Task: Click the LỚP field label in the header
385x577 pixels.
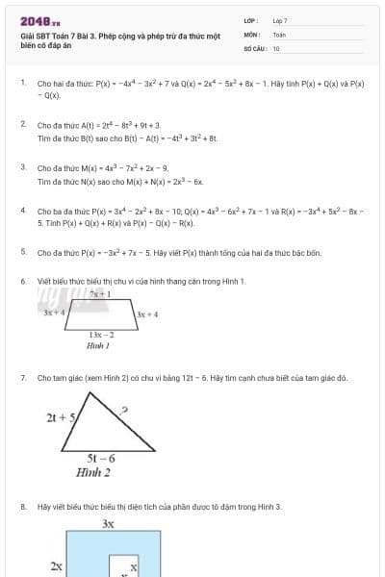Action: [251, 20]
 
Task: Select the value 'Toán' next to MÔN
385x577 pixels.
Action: [279, 34]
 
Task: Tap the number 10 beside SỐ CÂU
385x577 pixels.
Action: [276, 47]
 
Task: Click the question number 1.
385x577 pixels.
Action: [22, 84]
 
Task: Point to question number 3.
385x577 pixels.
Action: [22, 167]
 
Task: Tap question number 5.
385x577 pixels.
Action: [22, 252]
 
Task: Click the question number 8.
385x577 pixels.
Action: [22, 506]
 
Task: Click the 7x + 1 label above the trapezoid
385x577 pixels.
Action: [100, 293]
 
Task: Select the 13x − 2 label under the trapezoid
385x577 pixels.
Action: [101, 334]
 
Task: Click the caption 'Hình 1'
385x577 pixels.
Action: [98, 344]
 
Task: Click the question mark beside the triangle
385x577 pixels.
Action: [124, 411]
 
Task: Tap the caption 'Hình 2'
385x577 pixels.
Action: [93, 472]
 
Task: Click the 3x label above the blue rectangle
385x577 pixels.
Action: [109, 524]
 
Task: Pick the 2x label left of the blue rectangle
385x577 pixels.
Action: [57, 567]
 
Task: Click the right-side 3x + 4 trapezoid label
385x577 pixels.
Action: [146, 314]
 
